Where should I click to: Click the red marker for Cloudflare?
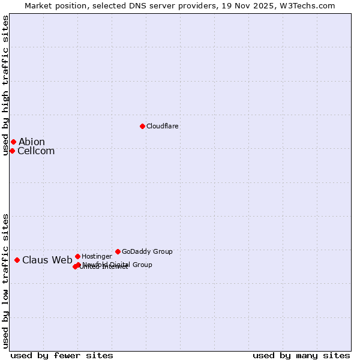pos(142,126)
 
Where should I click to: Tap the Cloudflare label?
pos(163,127)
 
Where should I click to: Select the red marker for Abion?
pos(13,142)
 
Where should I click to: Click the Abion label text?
pos(32,142)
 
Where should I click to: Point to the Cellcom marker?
pos(12,151)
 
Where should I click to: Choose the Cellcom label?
pos(36,151)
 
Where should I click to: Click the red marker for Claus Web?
pos(17,260)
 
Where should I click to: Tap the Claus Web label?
pos(47,260)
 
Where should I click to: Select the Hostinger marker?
pos(77,256)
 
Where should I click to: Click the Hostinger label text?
pos(97,257)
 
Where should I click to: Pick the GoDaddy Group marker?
pos(118,251)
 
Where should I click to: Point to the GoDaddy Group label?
pos(147,252)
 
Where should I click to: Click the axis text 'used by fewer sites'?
pos(62,356)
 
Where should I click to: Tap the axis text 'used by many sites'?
pos(301,356)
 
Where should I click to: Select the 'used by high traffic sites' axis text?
pos(6,85)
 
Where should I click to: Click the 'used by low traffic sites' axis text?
pos(6,281)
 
